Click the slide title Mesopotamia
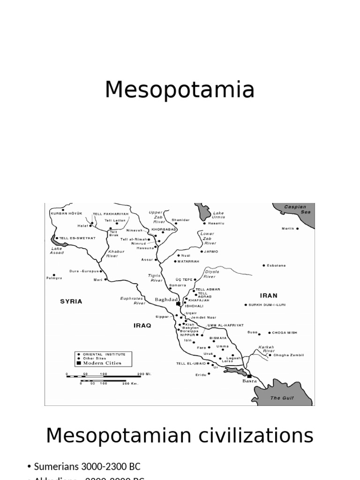(x=180, y=90)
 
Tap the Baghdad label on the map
(x=166, y=300)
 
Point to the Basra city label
(x=249, y=381)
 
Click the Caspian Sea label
(x=295, y=209)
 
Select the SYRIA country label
(x=71, y=301)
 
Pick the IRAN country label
(x=269, y=296)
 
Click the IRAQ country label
(x=142, y=325)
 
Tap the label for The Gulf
(x=282, y=398)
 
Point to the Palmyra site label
(x=54, y=278)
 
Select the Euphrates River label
(x=133, y=300)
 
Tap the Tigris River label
(x=156, y=278)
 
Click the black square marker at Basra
(x=249, y=375)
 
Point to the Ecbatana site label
(x=277, y=265)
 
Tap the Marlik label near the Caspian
(x=288, y=228)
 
